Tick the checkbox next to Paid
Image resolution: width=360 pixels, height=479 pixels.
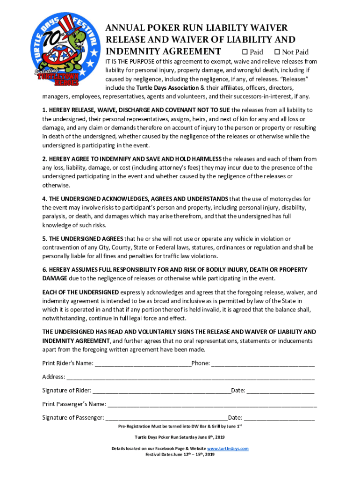tap(244, 52)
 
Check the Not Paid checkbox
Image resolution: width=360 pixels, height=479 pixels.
tap(277, 52)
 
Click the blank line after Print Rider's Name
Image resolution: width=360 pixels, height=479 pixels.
tap(143, 363)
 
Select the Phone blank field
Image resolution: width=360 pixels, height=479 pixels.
tap(263, 363)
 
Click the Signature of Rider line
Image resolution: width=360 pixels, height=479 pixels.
tap(161, 391)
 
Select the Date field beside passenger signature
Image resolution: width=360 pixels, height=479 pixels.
tap(279, 418)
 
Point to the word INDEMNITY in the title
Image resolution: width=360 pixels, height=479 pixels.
tap(134, 51)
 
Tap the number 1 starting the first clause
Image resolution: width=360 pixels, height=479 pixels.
tap(44, 110)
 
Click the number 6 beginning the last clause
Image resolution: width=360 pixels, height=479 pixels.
tap(44, 270)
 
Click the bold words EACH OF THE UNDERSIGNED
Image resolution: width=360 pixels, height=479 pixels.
tap(80, 292)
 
